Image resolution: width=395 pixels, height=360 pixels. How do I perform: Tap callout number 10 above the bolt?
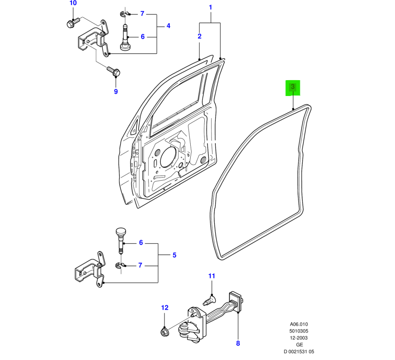73,3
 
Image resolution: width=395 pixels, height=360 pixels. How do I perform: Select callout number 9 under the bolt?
116,91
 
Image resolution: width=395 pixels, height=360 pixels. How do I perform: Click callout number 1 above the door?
210,8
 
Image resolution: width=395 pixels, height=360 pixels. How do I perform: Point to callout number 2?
199,36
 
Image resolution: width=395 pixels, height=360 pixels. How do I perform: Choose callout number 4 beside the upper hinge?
168,26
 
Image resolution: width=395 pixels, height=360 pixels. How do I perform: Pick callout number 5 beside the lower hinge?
174,255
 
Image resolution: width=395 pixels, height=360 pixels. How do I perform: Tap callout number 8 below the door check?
238,343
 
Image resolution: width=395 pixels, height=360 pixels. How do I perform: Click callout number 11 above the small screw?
212,276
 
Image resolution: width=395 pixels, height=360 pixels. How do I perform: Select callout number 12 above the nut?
164,308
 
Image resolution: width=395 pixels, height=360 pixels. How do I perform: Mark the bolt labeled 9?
114,72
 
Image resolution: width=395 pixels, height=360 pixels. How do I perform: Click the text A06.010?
299,324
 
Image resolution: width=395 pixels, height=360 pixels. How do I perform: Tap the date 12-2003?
299,338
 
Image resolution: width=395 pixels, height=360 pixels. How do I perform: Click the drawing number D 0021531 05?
299,352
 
